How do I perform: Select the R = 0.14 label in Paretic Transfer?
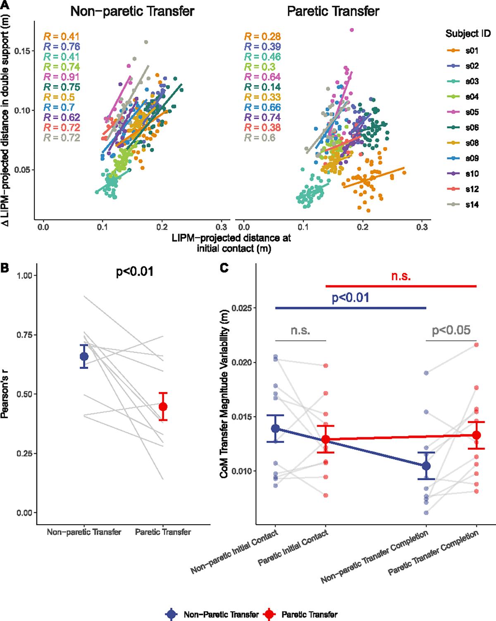(262, 87)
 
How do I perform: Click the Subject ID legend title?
(467, 34)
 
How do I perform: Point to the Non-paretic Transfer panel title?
(132, 11)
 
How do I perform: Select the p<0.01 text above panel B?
(134, 272)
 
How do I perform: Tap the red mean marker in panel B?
(163, 406)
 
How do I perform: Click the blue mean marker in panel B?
(84, 356)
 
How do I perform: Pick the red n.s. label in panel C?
(401, 276)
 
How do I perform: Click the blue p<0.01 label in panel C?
(351, 297)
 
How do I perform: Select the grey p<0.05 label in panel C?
(451, 330)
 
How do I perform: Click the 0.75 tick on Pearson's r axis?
(25, 335)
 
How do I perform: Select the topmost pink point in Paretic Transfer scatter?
(352, 30)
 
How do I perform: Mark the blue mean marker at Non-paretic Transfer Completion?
(426, 466)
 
